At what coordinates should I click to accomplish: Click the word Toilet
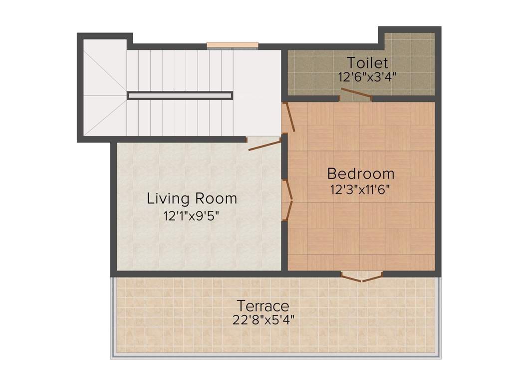point(367,63)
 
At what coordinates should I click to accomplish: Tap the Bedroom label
point(361,174)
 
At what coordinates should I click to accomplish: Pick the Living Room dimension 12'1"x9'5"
point(192,216)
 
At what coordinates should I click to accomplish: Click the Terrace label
point(263,305)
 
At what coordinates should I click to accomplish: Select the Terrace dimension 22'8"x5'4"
point(263,320)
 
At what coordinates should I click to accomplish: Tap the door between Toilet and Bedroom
point(356,94)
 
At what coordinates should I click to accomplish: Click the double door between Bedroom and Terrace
point(362,276)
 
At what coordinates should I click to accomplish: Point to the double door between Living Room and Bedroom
point(287,200)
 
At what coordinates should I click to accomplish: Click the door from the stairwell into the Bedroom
point(289,118)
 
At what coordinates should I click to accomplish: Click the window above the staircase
point(233,45)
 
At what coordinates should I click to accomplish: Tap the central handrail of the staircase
point(180,95)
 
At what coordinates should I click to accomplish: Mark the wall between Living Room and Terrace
point(200,273)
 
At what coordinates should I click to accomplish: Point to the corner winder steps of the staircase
point(105,90)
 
